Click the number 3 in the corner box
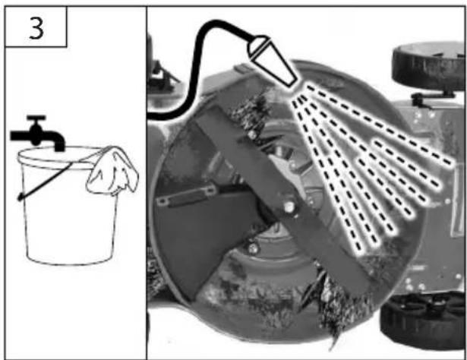tap(36, 28)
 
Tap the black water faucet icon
tap(37, 134)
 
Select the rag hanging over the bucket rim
tap(112, 171)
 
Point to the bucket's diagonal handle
tap(45, 180)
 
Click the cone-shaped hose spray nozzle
tap(273, 61)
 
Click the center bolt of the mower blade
tap(289, 207)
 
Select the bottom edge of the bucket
tap(71, 261)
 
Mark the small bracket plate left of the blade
tap(186, 195)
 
